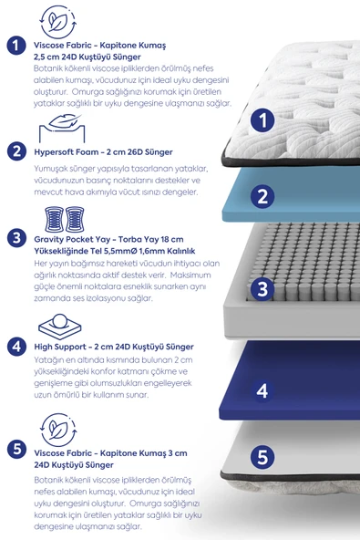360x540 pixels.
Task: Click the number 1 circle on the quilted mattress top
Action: pos(262,119)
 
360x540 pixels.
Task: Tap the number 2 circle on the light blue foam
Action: pos(262,195)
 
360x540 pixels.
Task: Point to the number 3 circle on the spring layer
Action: pos(262,289)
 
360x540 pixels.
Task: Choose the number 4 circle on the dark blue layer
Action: pos(262,389)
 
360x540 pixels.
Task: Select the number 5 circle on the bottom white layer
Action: pos(262,456)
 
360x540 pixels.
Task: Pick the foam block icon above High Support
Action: pos(58,325)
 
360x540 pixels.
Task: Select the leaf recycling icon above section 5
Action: pos(58,430)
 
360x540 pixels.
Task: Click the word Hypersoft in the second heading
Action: pos(57,151)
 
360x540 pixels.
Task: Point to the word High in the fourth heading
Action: pos(44,347)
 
